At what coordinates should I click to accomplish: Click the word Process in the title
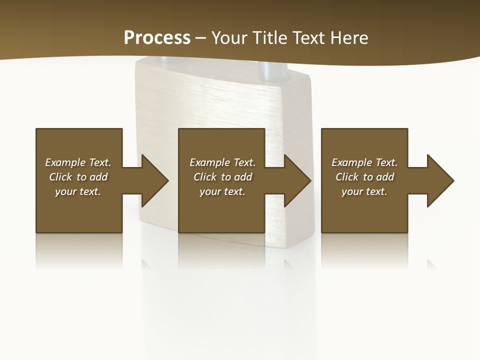(157, 38)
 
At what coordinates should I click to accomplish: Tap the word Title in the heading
(269, 38)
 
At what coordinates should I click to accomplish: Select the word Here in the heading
(348, 38)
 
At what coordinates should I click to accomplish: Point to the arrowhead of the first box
(155, 180)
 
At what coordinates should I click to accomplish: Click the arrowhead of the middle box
(298, 180)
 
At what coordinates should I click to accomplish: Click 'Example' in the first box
(65, 162)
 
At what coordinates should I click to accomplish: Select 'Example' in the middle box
(209, 162)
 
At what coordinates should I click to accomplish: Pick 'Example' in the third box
(351, 162)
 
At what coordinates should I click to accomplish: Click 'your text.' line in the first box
(78, 191)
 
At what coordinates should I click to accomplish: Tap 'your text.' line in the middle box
(222, 191)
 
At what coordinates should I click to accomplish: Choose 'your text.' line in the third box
(364, 191)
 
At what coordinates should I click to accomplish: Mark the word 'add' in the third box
(385, 177)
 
